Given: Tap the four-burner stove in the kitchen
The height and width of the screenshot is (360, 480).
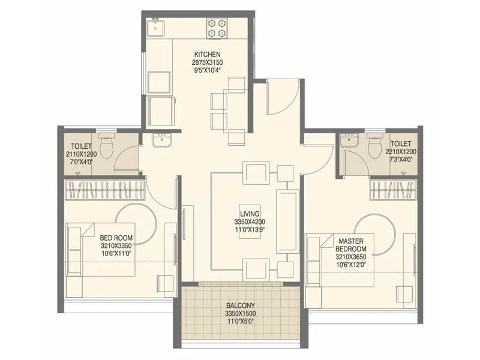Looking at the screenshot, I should pos(216,28).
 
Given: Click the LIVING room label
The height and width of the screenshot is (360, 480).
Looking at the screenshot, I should pos(250,214).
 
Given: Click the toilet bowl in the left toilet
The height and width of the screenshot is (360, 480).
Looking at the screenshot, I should pos(107,146).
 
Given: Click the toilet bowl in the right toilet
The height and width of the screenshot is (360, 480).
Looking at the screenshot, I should pos(374,145).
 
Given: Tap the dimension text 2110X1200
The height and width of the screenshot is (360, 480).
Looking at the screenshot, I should pos(81,154).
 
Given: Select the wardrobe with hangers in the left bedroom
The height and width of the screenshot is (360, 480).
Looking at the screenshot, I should pos(105,190).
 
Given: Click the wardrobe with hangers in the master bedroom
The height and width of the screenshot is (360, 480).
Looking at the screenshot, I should pos(393,190).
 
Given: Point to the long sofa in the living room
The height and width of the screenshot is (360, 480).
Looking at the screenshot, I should pos(286,220).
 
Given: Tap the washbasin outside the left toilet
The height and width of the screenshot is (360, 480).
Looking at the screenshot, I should pos(161,140).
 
